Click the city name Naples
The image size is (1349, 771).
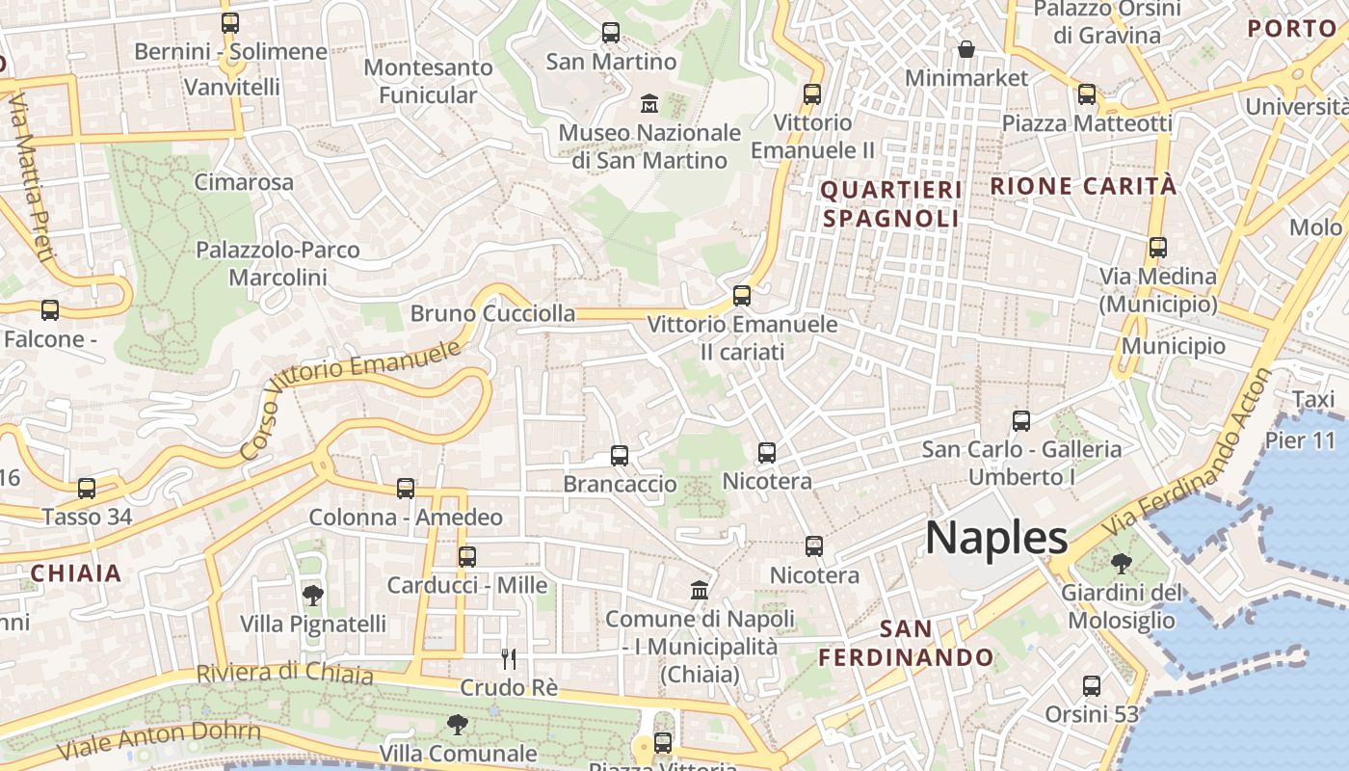point(996,538)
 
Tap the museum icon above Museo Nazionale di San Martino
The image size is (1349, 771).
point(649,102)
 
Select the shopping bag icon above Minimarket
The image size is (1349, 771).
point(965,48)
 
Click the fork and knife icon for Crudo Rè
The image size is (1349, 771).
point(509,659)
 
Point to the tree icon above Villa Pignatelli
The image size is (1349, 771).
point(312,595)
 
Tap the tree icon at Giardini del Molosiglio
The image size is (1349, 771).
point(1121,563)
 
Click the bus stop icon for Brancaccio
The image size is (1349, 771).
point(620,455)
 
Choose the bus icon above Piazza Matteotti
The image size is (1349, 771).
point(1087,94)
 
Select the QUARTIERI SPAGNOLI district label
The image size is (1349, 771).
point(890,204)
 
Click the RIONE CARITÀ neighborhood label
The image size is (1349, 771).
point(1084,186)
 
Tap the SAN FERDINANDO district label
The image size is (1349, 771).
point(906,644)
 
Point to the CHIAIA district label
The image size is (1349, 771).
point(76,573)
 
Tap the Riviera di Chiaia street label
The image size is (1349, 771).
point(284,673)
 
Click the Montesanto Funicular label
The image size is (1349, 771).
point(428,81)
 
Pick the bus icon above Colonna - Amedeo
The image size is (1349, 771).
point(406,489)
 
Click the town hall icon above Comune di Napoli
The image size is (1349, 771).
point(700,590)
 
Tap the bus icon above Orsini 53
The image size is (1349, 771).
point(1092,686)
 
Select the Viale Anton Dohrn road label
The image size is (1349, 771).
point(159,742)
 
